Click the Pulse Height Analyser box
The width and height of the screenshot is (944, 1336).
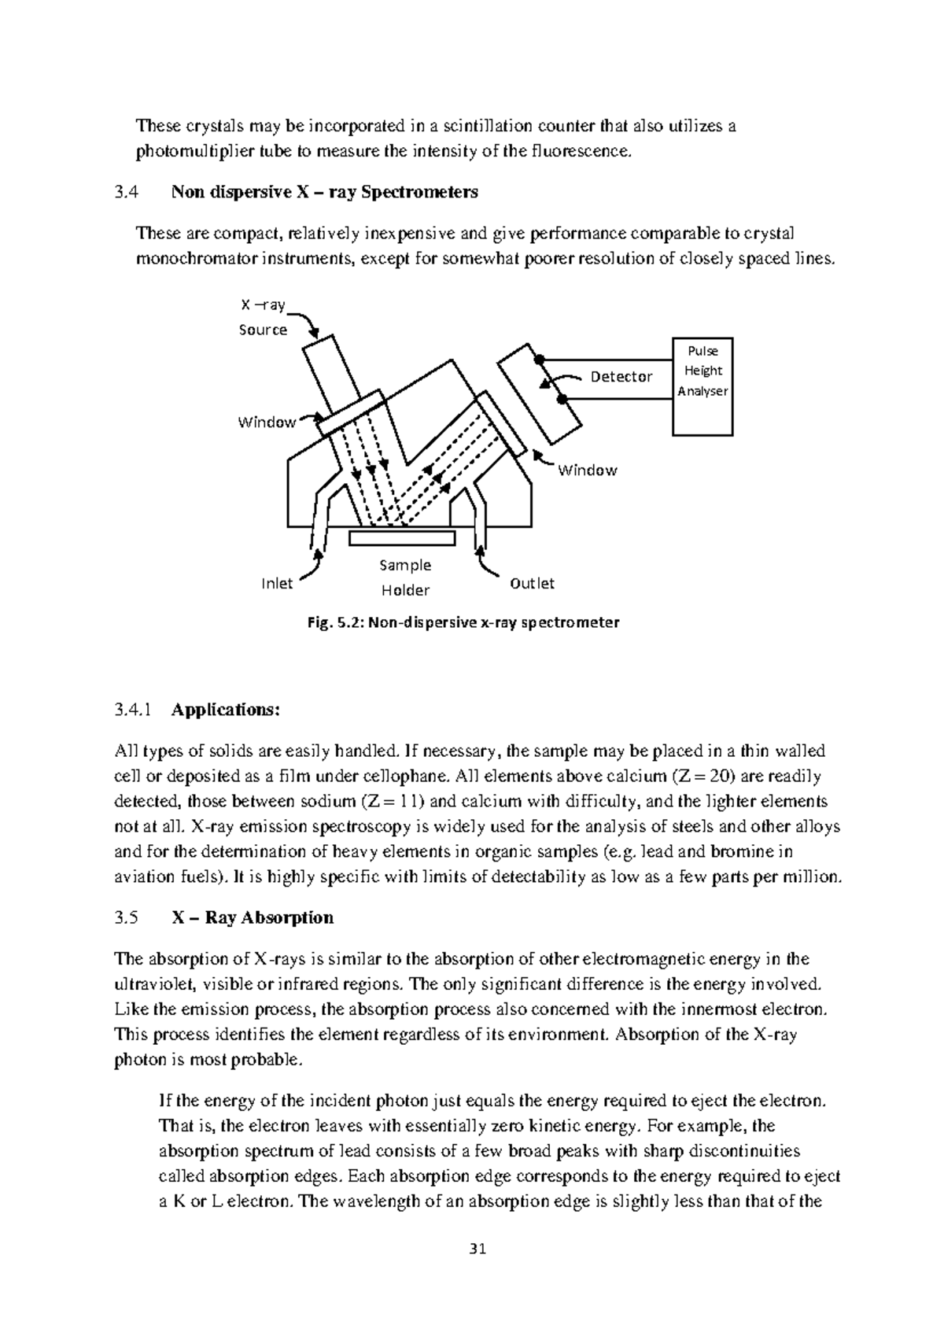pos(702,386)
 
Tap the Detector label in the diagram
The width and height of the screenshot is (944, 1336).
pos(621,376)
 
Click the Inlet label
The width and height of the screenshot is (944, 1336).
pos(276,583)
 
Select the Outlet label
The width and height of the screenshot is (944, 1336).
pos(532,583)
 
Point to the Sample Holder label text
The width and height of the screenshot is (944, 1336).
pos(405,578)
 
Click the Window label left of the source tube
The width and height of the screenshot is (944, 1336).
pos(267,422)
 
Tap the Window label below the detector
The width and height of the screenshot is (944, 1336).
pos(587,470)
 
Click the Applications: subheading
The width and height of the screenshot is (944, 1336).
pos(225,710)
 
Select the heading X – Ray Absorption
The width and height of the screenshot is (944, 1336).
pos(252,917)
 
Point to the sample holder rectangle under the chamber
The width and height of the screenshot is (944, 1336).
pos(402,537)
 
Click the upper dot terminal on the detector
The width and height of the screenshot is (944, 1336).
pos(540,360)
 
